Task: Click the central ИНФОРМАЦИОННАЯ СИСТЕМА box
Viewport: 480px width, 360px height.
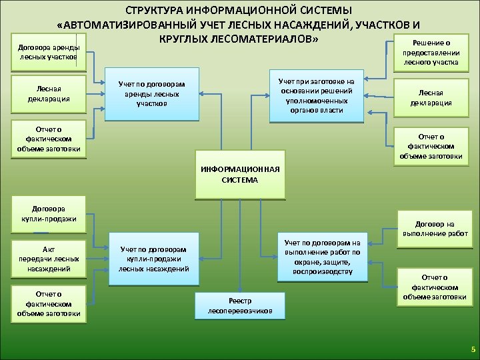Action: (x=239, y=174)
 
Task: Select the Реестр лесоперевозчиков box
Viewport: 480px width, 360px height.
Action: (x=239, y=305)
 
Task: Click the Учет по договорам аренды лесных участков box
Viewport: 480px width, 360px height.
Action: (x=153, y=94)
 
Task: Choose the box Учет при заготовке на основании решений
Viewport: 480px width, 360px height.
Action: (x=316, y=95)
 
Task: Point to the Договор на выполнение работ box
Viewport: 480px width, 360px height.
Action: (x=435, y=229)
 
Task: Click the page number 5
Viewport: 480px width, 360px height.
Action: (x=472, y=349)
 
